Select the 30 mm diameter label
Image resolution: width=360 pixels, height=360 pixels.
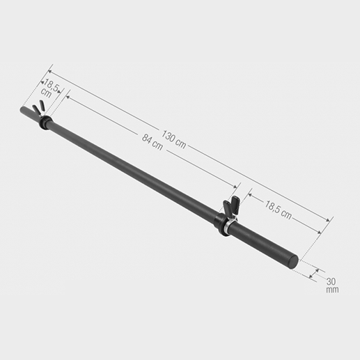point(332,284)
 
